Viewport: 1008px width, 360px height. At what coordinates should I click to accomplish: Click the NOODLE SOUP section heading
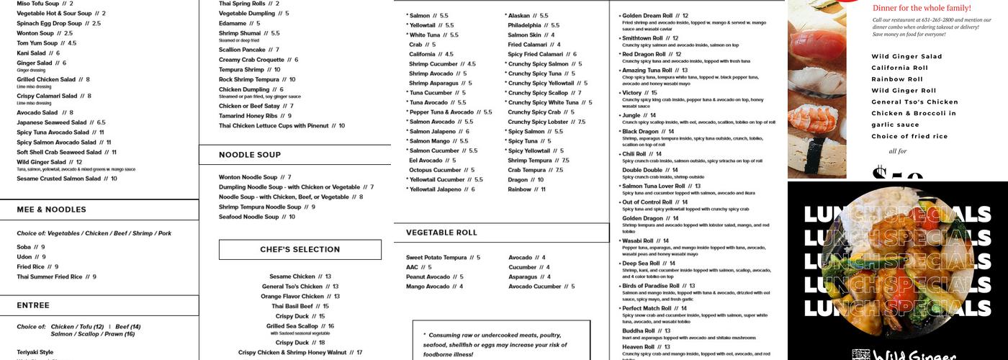250,155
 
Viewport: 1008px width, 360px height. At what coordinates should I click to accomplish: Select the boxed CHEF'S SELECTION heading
300,250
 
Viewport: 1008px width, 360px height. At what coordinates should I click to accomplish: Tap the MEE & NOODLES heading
51,210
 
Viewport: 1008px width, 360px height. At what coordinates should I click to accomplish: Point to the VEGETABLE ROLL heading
441,233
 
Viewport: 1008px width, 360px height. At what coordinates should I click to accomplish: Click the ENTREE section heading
33,305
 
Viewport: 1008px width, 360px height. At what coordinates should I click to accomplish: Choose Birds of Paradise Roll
653,286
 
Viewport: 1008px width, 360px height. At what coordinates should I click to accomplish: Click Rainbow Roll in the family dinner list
897,79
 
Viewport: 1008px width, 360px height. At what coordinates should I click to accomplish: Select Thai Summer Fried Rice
56,276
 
